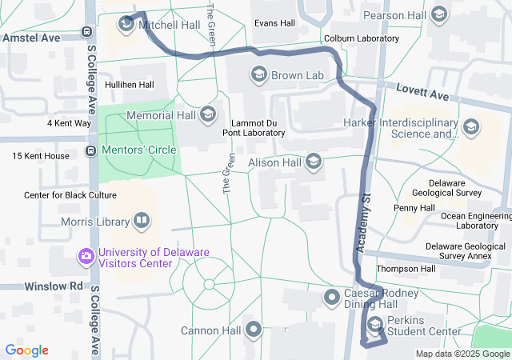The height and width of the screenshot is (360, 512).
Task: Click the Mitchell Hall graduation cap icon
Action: tap(126, 25)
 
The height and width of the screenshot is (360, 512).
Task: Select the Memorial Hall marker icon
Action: tap(208, 115)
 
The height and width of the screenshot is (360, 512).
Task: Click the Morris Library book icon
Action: tap(142, 220)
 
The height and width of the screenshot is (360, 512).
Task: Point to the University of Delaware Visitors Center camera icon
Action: tap(86, 257)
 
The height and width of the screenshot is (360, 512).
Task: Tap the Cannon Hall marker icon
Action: tap(254, 330)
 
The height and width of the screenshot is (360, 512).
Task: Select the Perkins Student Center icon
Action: tap(375, 325)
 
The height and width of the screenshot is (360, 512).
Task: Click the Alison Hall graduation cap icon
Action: tap(314, 162)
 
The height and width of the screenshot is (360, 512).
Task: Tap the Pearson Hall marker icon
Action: tap(438, 14)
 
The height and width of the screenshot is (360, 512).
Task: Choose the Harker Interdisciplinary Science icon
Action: tap(471, 128)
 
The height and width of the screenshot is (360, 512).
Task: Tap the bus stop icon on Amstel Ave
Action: tap(86, 34)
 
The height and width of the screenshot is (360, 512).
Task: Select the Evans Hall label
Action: tap(274, 23)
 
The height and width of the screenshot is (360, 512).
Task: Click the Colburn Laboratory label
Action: tap(361, 38)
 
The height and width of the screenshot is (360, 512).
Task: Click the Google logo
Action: tap(26, 350)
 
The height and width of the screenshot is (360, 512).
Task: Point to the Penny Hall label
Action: tap(414, 208)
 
